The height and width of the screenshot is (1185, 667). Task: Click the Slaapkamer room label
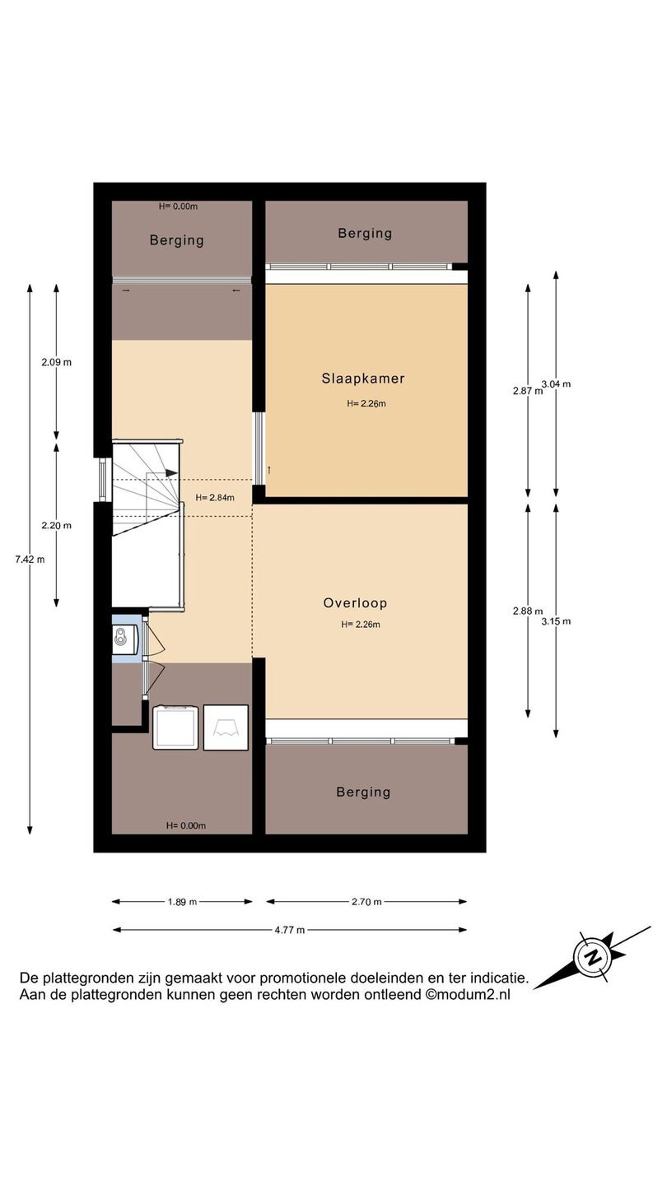(x=363, y=379)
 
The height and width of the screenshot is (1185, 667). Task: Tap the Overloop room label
(x=355, y=603)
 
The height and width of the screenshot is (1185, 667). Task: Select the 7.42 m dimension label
(x=30, y=560)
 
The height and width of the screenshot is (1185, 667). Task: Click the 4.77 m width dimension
(x=290, y=930)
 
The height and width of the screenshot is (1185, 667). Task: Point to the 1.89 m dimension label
(x=182, y=902)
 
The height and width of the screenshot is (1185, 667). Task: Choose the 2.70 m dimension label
(x=366, y=902)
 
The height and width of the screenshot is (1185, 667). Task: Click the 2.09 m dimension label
(x=57, y=362)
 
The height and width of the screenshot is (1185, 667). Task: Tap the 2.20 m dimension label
(x=57, y=525)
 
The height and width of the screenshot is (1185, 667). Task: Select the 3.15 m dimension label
(x=556, y=621)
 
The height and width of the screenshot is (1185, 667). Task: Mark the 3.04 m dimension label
(x=556, y=384)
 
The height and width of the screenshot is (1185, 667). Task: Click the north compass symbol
(x=593, y=957)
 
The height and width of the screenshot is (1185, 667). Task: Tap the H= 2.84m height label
(x=215, y=497)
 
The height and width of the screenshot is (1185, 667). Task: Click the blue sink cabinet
(x=127, y=639)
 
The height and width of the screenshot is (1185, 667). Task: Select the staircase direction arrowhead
(x=171, y=473)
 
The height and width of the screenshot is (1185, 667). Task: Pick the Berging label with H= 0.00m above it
(x=177, y=240)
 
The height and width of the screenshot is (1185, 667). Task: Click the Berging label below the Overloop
(x=364, y=792)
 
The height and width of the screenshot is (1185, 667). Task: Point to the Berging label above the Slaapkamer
(x=366, y=234)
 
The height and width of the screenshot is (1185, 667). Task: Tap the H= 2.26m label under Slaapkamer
(x=366, y=403)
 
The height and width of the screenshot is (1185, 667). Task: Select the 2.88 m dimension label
(x=528, y=611)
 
